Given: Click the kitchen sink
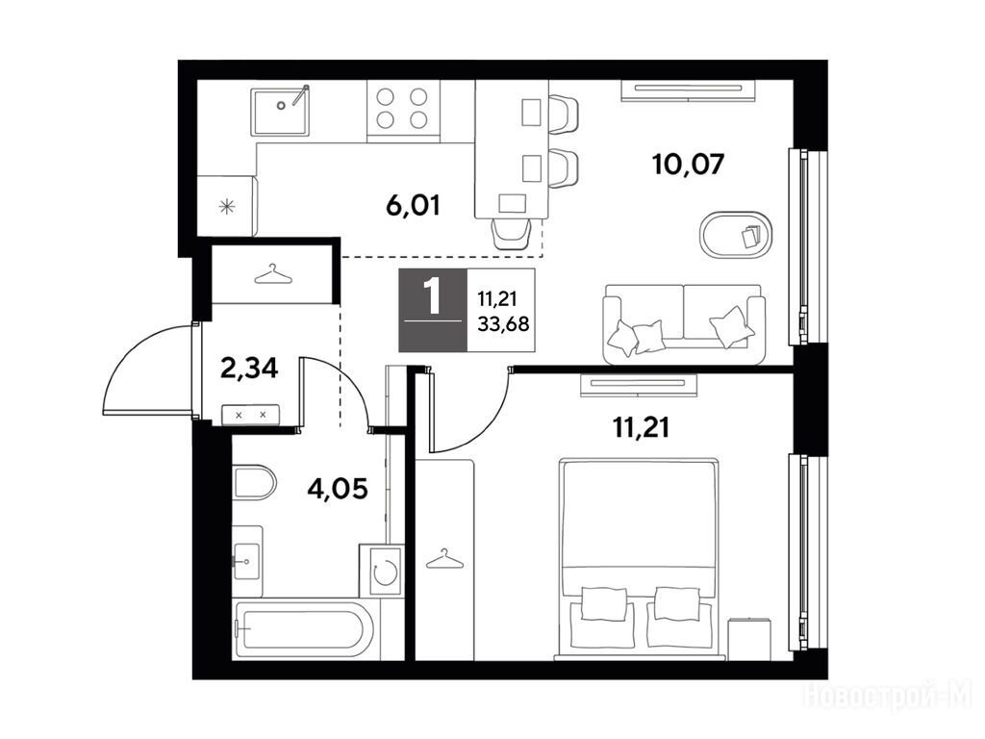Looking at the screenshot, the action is coord(280,112).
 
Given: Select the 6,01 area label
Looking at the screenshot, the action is coord(413,206).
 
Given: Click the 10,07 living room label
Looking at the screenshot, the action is coord(689,164).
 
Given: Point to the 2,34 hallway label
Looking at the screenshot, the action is coord(249,369).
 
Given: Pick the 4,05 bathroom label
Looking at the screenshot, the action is coord(338,488).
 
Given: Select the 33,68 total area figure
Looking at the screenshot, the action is coord(503,324).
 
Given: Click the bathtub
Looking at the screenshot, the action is coord(303,629).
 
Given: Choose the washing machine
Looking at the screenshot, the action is coord(381,570).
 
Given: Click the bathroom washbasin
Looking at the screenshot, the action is coord(247,561).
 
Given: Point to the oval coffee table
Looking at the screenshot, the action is coord(736,235).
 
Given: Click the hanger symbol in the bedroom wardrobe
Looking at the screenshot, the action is coord(444,559).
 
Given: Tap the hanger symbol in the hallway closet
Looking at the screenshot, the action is coord(274,274).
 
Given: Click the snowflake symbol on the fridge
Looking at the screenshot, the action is coord(226,206).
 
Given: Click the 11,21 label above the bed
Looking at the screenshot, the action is coord(641,428).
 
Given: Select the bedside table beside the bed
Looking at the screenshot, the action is coord(749,639).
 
